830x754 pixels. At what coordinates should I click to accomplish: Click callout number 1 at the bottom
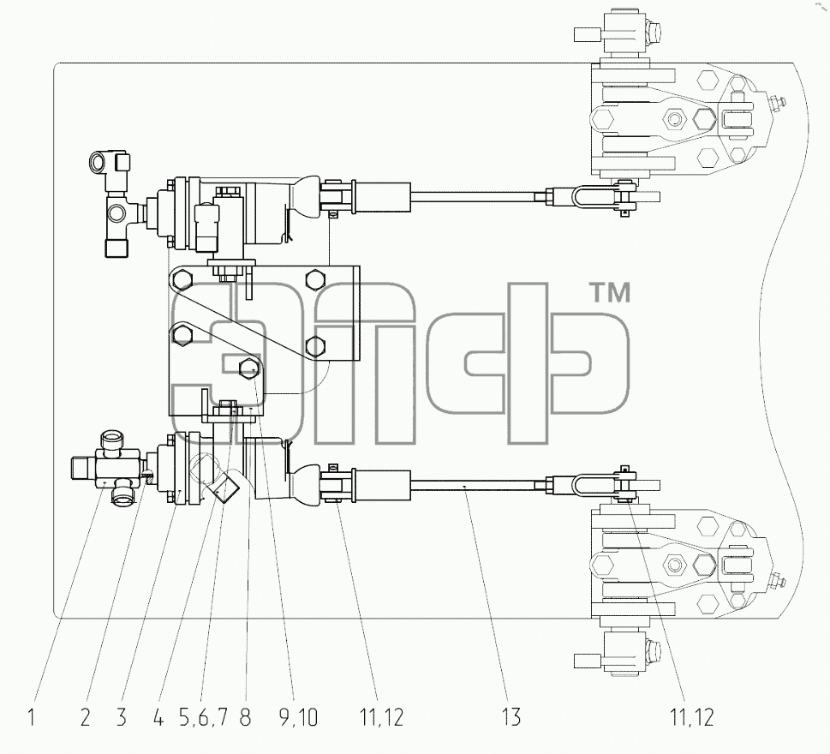coord(31,717)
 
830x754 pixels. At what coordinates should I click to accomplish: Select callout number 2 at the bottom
coord(85,717)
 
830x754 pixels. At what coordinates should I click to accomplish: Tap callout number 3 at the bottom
coord(122,717)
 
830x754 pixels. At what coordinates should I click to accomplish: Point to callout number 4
coord(158,717)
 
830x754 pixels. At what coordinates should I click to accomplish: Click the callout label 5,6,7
coord(203,718)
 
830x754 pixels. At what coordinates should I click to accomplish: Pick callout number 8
coord(245,717)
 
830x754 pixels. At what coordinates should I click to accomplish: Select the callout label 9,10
coord(298,718)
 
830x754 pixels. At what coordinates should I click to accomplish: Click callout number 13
coord(512,717)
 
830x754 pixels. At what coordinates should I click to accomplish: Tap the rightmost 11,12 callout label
coord(692,718)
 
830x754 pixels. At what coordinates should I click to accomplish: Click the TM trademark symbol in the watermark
coord(610,293)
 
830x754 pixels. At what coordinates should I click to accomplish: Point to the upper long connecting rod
coord(473,197)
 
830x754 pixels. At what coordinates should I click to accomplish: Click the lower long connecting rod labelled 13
coord(473,484)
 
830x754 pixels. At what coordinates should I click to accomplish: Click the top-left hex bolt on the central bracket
coord(183,278)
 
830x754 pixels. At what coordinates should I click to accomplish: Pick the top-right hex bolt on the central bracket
coord(314,278)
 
